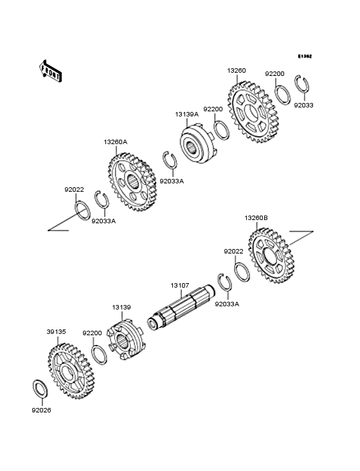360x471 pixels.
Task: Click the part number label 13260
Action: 237,70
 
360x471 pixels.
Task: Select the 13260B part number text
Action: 256,218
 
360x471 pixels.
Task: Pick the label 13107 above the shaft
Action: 180,285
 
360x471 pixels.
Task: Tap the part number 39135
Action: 57,332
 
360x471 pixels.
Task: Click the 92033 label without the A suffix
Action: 304,104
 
